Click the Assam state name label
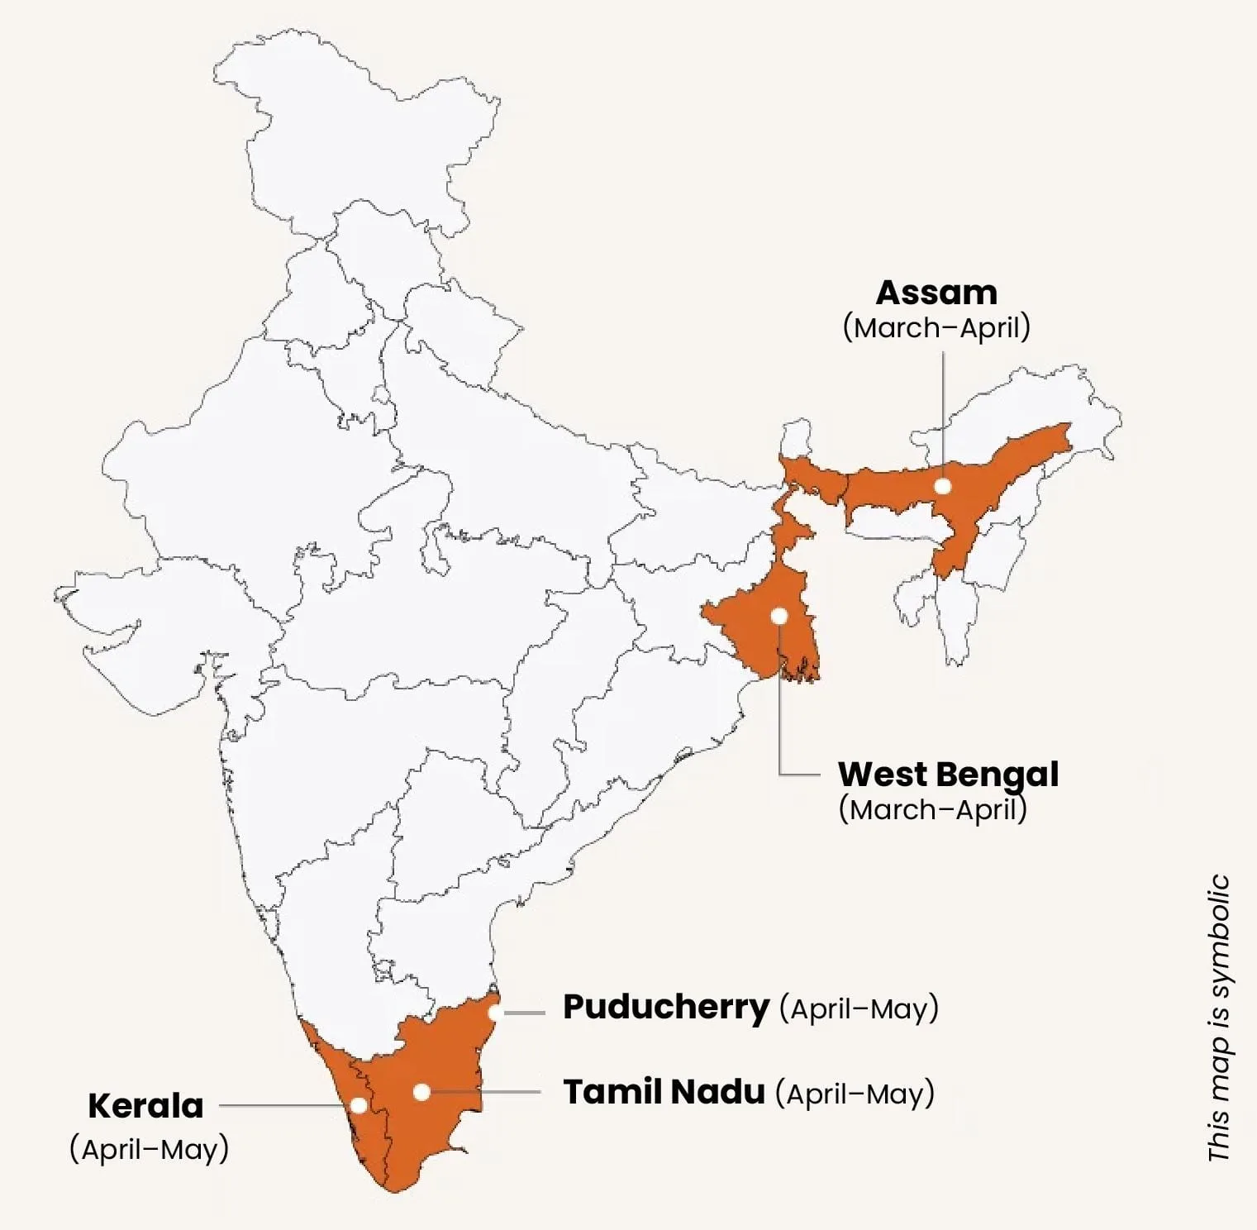[936, 293]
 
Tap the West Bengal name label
[948, 775]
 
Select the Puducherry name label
[666, 1008]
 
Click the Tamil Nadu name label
[664, 1092]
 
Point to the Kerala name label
[145, 1106]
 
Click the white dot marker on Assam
[943, 486]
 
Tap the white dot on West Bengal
[778, 616]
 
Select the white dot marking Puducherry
[494, 1013]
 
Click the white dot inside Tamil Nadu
[421, 1092]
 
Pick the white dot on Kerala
[359, 1105]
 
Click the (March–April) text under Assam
[936, 328]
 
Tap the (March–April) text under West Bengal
[932, 809]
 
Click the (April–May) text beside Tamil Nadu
[855, 1094]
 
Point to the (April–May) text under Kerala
[150, 1150]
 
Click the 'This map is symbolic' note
[1219, 1018]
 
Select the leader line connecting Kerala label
[281, 1105]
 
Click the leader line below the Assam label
[943, 413]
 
